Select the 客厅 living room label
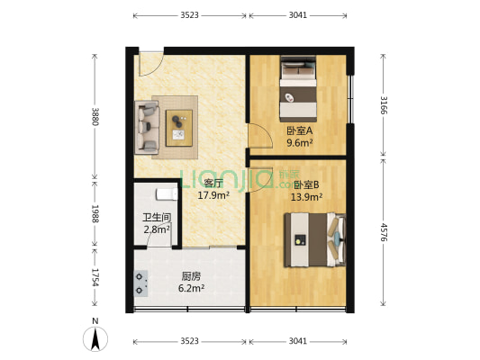point(213,184)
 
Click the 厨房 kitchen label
point(191,276)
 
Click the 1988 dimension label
point(95,212)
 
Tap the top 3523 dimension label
point(189,16)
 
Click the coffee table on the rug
point(178,124)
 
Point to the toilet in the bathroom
point(165,193)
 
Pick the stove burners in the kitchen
point(141,283)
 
